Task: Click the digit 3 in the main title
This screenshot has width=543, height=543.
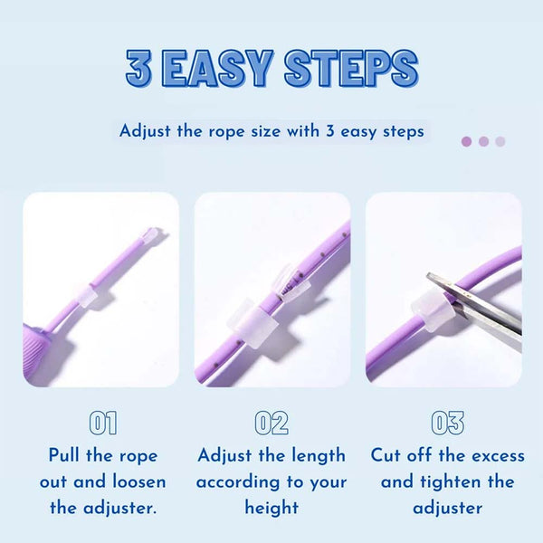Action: (x=138, y=70)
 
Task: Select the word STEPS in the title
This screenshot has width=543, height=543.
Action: (x=351, y=70)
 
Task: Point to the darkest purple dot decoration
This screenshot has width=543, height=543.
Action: (x=466, y=141)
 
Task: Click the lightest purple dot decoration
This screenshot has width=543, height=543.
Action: (x=500, y=141)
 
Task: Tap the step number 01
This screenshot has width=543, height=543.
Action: (x=102, y=423)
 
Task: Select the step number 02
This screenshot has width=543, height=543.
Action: (x=271, y=423)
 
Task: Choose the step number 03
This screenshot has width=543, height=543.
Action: (x=446, y=423)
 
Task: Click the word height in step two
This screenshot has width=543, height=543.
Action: (x=271, y=508)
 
